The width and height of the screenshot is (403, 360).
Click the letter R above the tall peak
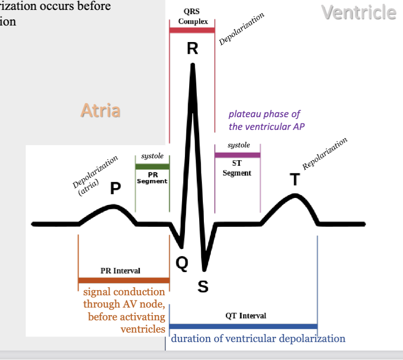[x=192, y=49]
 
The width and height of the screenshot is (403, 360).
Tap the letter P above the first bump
[x=115, y=189]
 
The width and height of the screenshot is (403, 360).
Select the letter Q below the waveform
[x=182, y=264]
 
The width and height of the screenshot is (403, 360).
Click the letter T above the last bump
[x=295, y=180]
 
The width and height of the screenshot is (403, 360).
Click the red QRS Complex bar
[x=192, y=30]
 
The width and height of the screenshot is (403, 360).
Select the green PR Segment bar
[x=152, y=166]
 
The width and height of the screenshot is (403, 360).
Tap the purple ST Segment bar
[x=237, y=155]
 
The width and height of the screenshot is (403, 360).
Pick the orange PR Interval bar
[x=123, y=280]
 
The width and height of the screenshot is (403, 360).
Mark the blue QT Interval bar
[x=243, y=326]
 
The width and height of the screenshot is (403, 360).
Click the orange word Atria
[x=100, y=111]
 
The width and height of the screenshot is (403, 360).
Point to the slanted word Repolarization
[x=325, y=154]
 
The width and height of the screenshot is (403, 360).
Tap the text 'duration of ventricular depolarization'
[x=258, y=339]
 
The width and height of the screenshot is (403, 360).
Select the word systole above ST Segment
[x=238, y=145]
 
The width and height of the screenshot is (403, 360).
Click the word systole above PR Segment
[x=152, y=156]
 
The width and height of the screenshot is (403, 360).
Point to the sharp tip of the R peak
[x=192, y=64]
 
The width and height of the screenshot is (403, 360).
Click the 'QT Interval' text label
[x=246, y=316]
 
